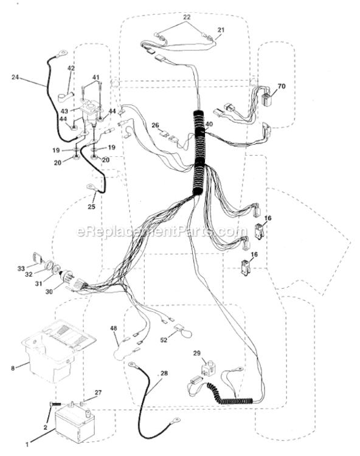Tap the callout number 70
coord(282,86)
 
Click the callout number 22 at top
coord(187,17)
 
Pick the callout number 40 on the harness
coord(209,125)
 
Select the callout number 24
coord(15,77)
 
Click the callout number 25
coord(91,207)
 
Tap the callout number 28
coord(164,373)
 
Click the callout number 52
coord(164,340)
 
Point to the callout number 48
coord(113,328)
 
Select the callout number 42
coord(71,68)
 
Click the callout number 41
coord(95,78)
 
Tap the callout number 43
coord(64,111)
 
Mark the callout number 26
coord(155,125)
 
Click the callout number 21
coord(221,30)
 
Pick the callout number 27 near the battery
coord(98,393)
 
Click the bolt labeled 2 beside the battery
coord(55,404)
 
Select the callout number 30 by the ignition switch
coord(49,291)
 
